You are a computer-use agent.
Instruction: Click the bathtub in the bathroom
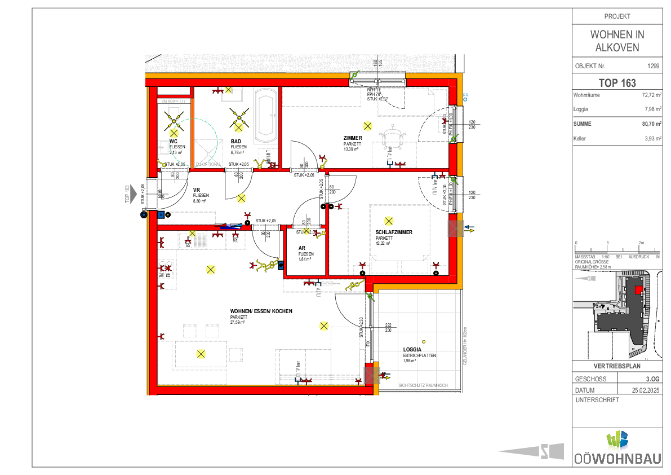tap(265, 116)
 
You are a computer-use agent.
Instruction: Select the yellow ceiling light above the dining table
tap(201, 354)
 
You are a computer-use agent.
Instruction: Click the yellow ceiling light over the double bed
tap(388, 221)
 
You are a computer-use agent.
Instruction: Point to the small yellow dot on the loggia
tap(424, 341)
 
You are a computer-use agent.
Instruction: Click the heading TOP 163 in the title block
tap(617, 83)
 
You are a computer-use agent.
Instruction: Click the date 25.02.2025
tap(646, 390)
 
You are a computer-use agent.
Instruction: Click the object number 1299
tap(654, 66)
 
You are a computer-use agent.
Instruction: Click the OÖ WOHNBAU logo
tap(617, 448)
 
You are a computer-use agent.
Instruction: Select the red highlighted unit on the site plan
tap(638, 289)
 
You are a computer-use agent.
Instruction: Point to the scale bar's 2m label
tap(641, 243)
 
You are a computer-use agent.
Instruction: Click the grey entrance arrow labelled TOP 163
tap(132, 193)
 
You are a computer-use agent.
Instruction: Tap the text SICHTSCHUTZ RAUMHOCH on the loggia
tap(423, 385)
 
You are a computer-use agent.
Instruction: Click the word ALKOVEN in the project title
tap(617, 47)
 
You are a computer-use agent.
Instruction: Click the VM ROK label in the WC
tap(174, 101)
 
